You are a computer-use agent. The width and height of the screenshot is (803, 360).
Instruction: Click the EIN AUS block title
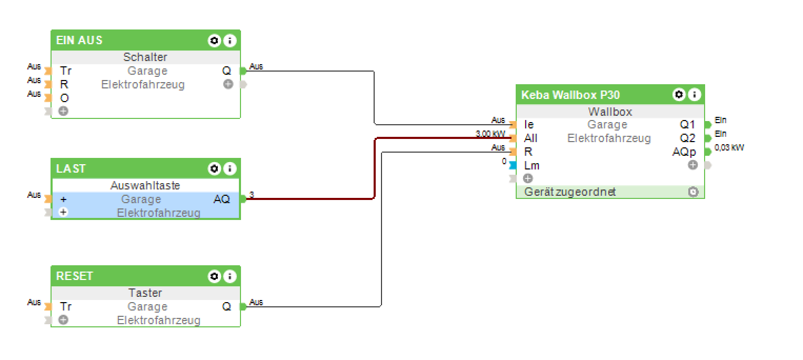point(79,41)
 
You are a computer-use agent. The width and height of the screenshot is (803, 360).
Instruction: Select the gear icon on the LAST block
point(214,169)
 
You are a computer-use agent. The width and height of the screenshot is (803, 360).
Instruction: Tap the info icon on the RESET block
point(230,276)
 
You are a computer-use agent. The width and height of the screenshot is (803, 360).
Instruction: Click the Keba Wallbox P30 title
point(570,95)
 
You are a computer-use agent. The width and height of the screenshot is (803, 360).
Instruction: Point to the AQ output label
point(222,199)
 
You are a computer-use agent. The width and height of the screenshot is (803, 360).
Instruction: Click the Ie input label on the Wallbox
point(529,125)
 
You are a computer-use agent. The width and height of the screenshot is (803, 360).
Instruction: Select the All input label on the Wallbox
point(530,138)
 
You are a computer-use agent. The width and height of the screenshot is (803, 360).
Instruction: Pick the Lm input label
point(531,166)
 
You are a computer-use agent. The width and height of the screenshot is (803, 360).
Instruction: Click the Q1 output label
point(687,125)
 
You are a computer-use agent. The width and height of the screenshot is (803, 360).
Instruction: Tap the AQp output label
point(684,152)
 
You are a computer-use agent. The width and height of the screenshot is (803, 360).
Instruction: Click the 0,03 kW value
point(729,148)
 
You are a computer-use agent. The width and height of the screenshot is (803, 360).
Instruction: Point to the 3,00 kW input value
point(490,134)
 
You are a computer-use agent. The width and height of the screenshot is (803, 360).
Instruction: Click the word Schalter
point(145,57)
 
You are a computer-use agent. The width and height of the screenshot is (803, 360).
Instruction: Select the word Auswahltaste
point(145,185)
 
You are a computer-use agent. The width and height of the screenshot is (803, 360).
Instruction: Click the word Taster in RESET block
point(145,293)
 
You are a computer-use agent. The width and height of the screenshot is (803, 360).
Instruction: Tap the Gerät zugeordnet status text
point(570,192)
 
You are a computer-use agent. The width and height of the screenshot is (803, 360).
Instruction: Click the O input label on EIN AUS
point(64,98)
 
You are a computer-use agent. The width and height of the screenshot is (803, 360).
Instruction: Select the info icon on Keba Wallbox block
point(695,95)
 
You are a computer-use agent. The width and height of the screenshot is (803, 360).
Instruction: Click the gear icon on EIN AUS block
point(214,41)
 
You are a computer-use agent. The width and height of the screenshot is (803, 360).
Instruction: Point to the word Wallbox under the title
point(610,112)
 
